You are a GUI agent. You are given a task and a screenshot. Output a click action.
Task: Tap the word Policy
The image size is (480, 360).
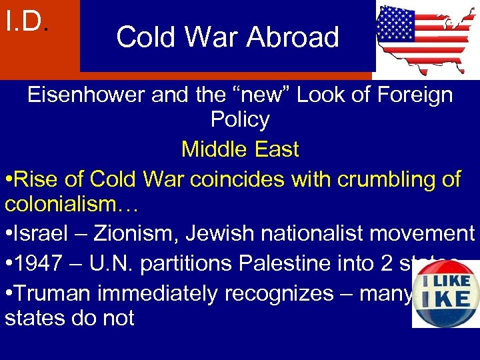click(x=240, y=120)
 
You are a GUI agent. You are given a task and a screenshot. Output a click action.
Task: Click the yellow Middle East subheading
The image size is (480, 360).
click(x=240, y=149)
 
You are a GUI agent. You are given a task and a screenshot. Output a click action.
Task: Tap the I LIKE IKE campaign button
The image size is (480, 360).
click(x=445, y=294)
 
